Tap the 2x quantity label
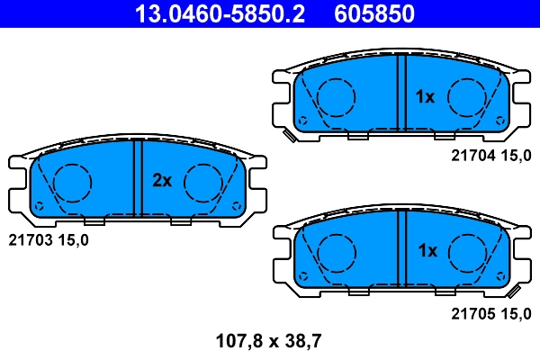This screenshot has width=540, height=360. click(161, 180)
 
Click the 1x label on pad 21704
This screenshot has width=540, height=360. click(425, 96)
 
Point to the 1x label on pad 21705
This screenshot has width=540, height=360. click(425, 251)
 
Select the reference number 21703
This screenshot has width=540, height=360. click(31, 240)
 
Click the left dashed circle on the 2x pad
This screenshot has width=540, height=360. click(71, 184)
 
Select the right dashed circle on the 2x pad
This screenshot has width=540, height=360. click(203, 184)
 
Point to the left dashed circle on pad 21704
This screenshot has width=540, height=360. click(337, 95)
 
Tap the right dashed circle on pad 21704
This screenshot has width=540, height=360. click(468, 95)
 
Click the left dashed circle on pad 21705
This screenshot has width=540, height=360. click(337, 251)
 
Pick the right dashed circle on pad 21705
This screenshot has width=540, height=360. click(468, 251)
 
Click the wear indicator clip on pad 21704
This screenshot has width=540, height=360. click(290, 137)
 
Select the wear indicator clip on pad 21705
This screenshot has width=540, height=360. click(514, 292)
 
